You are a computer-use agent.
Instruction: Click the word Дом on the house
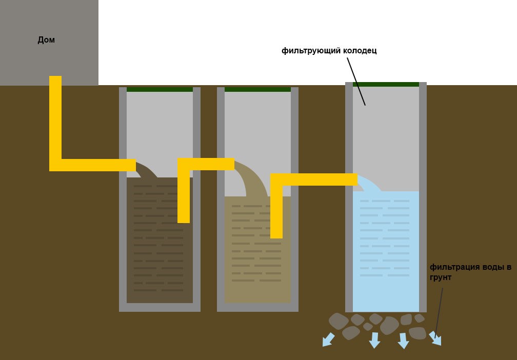(46, 40)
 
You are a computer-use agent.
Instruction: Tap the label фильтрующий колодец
(329, 51)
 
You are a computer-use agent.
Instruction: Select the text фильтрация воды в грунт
(470, 272)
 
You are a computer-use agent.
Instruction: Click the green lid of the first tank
(160, 89)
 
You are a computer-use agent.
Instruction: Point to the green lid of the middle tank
(257, 89)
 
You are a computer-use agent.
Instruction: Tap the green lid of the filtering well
(386, 85)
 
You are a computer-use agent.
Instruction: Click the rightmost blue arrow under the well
(435, 338)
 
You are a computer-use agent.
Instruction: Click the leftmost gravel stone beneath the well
(339, 321)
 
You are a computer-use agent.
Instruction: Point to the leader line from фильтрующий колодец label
(356, 82)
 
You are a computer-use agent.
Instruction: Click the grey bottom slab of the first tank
(160, 307)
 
